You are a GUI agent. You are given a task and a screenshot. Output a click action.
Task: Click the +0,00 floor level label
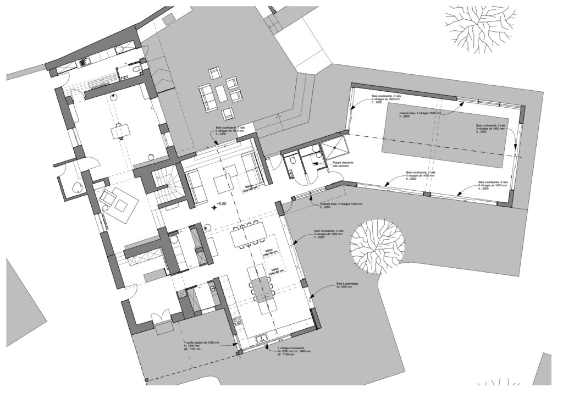coord(222,204)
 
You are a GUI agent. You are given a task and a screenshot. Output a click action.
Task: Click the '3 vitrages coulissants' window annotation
coord(295,352)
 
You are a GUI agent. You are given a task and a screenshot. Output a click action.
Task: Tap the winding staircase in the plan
coord(165,184)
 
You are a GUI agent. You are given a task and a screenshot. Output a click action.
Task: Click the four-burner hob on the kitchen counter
coord(236,323)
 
